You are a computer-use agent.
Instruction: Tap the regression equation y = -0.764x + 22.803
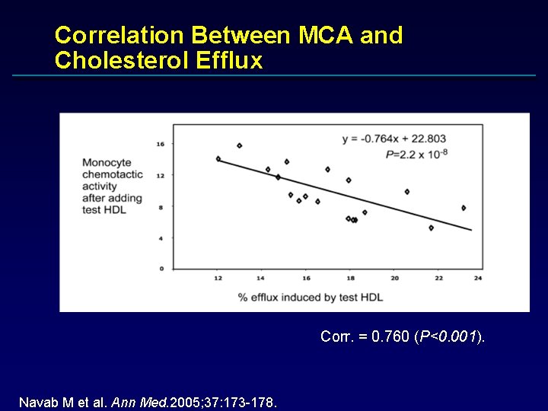click(394, 139)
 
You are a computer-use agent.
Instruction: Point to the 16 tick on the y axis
click(160, 144)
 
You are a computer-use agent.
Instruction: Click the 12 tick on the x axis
click(218, 278)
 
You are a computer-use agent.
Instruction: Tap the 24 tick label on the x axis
click(477, 278)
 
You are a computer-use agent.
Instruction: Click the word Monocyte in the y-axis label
click(107, 162)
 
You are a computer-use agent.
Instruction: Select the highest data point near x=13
click(239, 145)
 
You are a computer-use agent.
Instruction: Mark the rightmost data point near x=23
click(463, 208)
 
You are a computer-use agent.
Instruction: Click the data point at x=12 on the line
click(218, 159)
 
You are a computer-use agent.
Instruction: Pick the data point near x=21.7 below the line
click(431, 228)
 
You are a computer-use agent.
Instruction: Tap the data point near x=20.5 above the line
click(407, 192)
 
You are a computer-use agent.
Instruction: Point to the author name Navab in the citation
click(36, 401)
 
